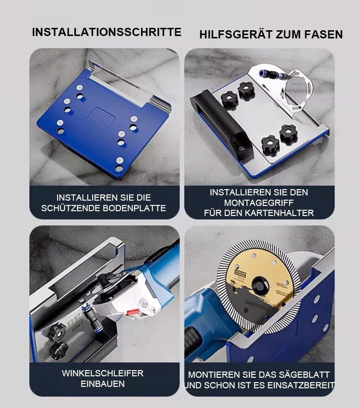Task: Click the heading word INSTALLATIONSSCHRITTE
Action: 107,32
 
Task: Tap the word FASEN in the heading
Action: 324,35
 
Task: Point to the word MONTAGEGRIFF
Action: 259,203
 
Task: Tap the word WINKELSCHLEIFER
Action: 103,373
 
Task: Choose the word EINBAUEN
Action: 103,384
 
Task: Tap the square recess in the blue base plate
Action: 101,119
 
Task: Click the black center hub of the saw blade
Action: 260,286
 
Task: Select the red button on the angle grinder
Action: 132,312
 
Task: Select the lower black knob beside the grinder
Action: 60,351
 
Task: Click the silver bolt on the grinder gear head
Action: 144,303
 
